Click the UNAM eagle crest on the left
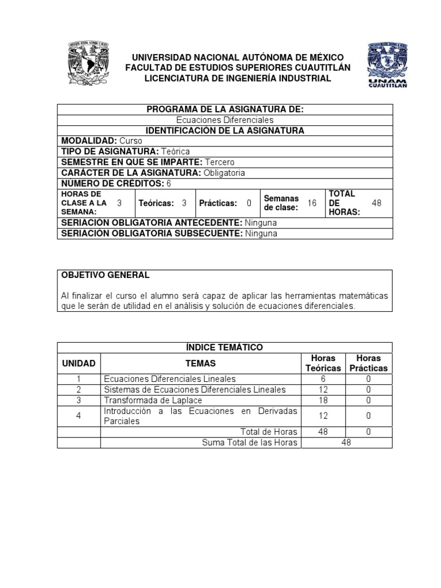pos(88,66)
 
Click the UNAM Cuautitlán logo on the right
pos(387,67)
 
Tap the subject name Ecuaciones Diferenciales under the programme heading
pos(225,120)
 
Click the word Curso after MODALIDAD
pos(131,141)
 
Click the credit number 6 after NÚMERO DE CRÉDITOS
pos(169,183)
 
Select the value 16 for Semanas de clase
pos(312,203)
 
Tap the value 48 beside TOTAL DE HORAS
pos(377,203)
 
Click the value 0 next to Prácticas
pos(249,203)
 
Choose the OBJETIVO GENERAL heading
pos(106,275)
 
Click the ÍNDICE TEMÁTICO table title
pos(225,347)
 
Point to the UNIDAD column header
pos(79,363)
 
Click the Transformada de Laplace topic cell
pos(153,400)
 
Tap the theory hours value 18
pos(323,400)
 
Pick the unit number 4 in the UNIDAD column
pos(79,416)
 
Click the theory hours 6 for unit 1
pos(323,379)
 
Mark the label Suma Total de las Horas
pos(249,442)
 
